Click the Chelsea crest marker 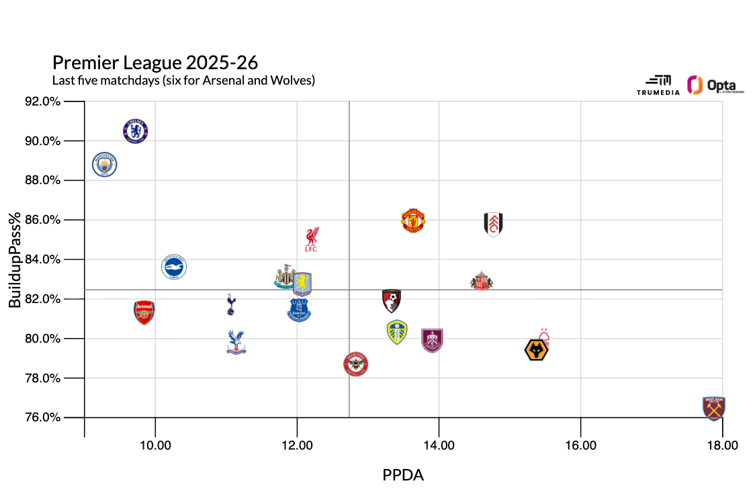tap(136, 130)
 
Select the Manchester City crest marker tap(105, 164)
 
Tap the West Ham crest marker tap(713, 408)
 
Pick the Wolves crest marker tap(536, 350)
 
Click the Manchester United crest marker tap(414, 220)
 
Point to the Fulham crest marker tap(494, 224)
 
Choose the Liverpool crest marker tap(311, 239)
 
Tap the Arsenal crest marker tap(144, 312)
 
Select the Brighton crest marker tap(174, 267)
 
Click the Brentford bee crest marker tap(356, 364)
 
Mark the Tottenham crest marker tap(231, 304)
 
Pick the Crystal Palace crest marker tap(236, 342)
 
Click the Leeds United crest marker tap(398, 332)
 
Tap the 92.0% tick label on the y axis tap(62, 101)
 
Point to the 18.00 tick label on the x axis tap(722, 446)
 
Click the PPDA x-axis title tap(403, 475)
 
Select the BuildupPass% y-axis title tap(15, 259)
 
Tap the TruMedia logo tap(654, 85)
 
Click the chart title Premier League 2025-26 tap(155, 62)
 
